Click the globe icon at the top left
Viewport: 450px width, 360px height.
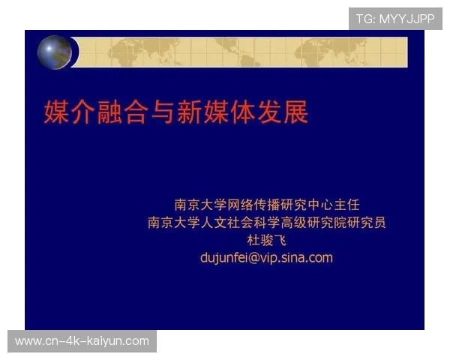point(55,52)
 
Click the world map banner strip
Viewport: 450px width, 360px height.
point(240,52)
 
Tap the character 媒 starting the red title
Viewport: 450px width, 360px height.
point(56,112)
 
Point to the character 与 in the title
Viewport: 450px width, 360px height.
point(165,112)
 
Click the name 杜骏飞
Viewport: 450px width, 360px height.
point(267,240)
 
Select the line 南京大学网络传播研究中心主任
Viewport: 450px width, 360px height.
point(267,204)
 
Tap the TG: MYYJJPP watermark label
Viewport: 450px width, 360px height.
point(395,19)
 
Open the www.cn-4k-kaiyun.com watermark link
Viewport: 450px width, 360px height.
point(82,341)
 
